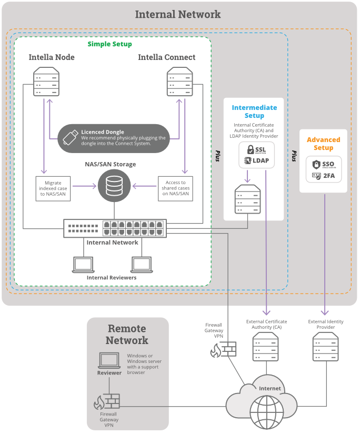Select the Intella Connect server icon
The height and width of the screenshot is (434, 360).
coord(179,83)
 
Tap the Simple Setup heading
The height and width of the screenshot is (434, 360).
coord(109,44)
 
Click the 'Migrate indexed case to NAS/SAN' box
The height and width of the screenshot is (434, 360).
coord(54,188)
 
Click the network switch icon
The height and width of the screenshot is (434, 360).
coord(115,228)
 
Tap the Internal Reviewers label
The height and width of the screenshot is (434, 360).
coord(112,278)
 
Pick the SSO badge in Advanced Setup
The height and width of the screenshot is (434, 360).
coord(324,164)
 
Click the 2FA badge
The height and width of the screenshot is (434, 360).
coord(324,176)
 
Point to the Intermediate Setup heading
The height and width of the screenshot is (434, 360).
coord(254,112)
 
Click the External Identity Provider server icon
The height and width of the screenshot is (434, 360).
coord(325,347)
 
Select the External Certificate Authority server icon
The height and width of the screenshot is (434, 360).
coord(266,347)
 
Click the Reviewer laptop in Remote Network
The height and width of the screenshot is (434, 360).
coord(109,360)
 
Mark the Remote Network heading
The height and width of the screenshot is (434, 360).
coord(127,334)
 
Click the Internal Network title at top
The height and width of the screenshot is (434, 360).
coord(178,14)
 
